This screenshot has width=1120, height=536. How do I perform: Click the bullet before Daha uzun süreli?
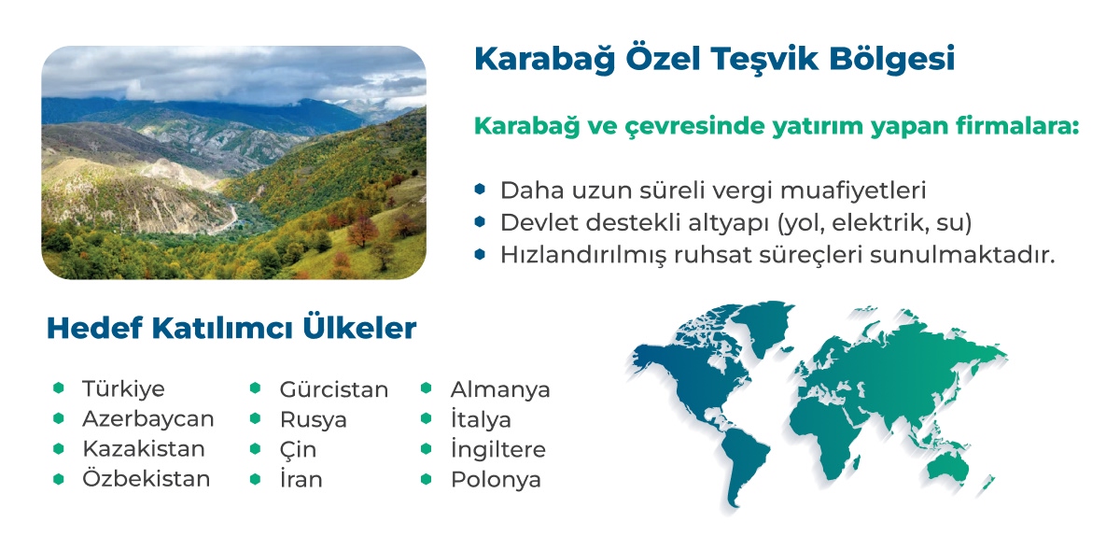[x=480, y=190]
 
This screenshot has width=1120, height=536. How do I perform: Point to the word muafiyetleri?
[x=852, y=190]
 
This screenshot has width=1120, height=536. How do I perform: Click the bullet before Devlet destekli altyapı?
[x=480, y=221]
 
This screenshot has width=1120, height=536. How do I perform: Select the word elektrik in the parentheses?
[x=880, y=222]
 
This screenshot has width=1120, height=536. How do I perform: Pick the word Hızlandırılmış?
[x=583, y=255]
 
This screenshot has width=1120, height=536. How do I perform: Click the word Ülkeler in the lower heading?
[x=359, y=328]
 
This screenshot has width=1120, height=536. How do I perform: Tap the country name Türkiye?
[x=123, y=388]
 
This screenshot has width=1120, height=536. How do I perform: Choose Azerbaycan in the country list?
[x=148, y=419]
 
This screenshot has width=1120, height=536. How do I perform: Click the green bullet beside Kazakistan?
[x=59, y=448]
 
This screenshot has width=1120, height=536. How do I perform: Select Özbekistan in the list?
[x=146, y=478]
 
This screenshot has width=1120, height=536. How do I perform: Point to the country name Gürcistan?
[x=333, y=390]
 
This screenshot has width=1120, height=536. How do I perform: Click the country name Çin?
[x=298, y=450]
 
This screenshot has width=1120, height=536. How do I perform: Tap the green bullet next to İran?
[x=255, y=479]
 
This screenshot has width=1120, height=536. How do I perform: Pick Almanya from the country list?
[x=500, y=390]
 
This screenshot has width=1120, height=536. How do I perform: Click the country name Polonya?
[x=496, y=479]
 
